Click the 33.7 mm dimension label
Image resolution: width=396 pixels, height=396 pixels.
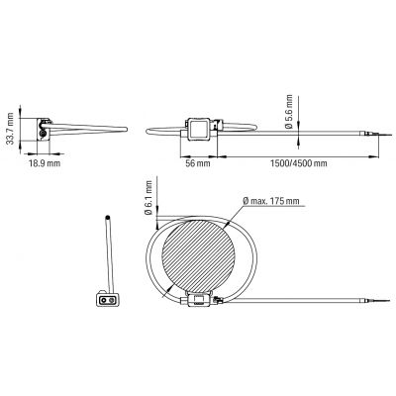click(x=11, y=129)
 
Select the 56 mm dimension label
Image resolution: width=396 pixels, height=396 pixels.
click(x=198, y=163)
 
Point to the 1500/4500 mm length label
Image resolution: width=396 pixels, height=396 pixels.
click(x=299, y=163)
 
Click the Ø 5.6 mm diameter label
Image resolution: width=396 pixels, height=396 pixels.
click(x=289, y=112)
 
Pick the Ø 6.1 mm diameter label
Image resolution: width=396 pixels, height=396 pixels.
click(x=148, y=198)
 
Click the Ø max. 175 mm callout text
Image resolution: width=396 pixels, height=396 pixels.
click(x=271, y=201)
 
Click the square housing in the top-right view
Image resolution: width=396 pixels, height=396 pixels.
click(x=198, y=129)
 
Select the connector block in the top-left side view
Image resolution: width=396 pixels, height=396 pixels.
click(x=44, y=130)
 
